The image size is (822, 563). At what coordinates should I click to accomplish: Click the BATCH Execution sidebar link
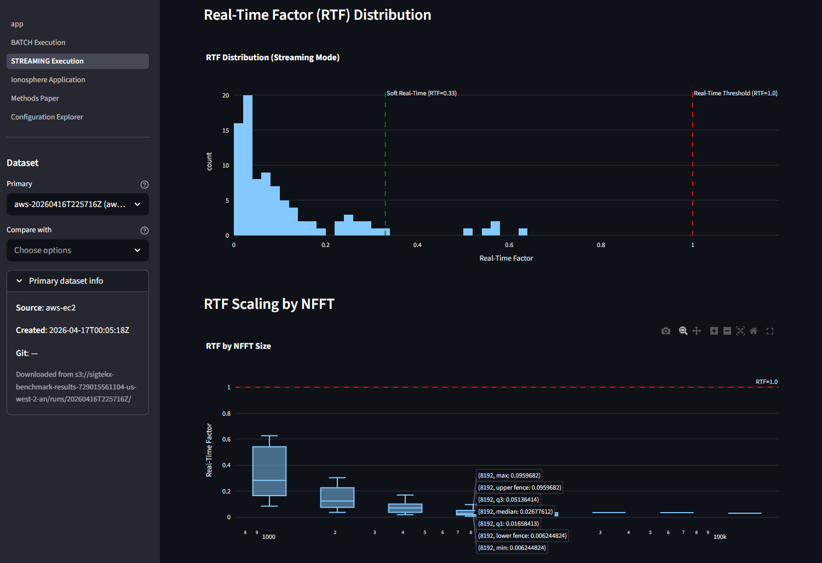pos(38,43)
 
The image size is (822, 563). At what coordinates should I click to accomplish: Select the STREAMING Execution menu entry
pos(47,61)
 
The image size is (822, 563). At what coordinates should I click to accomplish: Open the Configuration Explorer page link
pos(47,117)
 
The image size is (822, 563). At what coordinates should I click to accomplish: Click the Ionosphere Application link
pos(48,80)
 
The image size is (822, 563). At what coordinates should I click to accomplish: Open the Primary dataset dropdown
pos(77,204)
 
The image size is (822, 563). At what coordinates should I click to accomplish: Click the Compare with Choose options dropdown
pos(77,250)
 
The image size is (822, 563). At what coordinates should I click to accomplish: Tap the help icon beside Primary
pos(145,185)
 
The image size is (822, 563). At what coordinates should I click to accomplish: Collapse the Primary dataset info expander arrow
pos(20,281)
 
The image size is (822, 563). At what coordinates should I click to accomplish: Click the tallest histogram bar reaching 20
pos(248,164)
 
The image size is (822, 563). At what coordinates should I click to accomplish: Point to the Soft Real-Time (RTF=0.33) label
pos(421,94)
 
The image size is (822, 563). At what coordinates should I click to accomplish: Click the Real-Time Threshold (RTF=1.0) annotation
pos(735,94)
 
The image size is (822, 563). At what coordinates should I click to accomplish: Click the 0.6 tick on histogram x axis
pos(509,245)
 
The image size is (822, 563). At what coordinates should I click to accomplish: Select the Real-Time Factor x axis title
pos(506,258)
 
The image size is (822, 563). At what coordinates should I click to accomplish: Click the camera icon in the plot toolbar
pos(666,331)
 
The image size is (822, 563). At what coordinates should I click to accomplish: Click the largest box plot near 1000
pos(269,471)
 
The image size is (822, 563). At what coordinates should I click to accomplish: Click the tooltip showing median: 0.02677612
pos(515,512)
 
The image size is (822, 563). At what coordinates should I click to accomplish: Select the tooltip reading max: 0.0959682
pos(509,475)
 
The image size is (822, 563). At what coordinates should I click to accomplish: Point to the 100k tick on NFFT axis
pos(720,537)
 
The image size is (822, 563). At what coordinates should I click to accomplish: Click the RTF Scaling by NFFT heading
pos(269,304)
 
